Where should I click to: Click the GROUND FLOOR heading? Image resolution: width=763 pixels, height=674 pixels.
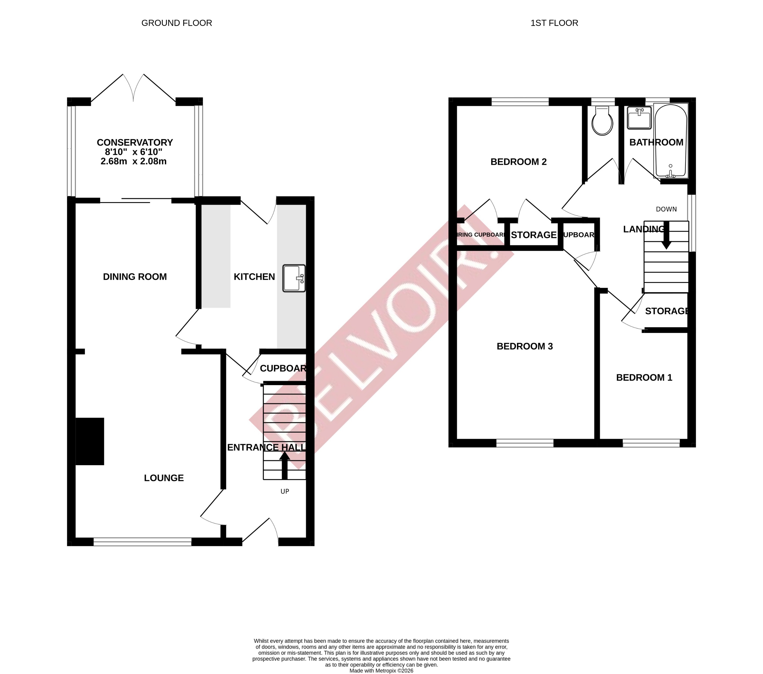[x=177, y=23]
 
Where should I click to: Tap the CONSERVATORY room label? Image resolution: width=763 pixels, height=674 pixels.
[x=135, y=143]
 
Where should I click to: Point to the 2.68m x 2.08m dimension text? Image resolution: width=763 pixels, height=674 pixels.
[x=133, y=162]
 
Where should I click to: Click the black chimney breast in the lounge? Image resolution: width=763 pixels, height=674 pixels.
[x=90, y=441]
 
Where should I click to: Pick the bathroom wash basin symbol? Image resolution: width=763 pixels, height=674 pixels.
[x=639, y=118]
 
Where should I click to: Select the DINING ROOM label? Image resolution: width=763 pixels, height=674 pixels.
[x=135, y=277]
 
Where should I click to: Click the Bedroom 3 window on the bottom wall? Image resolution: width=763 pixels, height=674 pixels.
[x=524, y=443]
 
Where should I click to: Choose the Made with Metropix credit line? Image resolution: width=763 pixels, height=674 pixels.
[x=381, y=671]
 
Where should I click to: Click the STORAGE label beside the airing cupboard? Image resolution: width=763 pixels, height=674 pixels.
[x=533, y=235]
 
